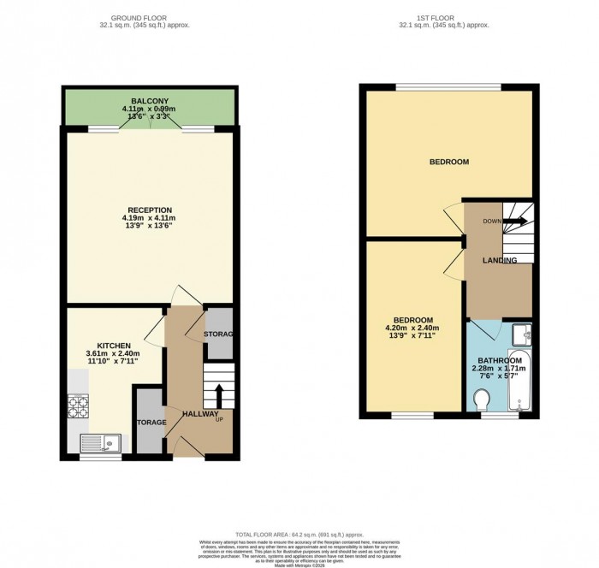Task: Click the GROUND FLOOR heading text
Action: pos(150,17)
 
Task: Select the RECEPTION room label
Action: pos(150,210)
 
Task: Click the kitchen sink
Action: pos(100,442)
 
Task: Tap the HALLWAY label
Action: pos(201,414)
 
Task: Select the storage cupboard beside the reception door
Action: pos(220,333)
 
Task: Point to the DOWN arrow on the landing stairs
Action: pos(516,222)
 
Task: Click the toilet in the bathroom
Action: pos(482,399)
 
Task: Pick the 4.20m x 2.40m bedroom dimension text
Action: pos(413,330)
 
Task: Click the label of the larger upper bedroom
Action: pos(448,162)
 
